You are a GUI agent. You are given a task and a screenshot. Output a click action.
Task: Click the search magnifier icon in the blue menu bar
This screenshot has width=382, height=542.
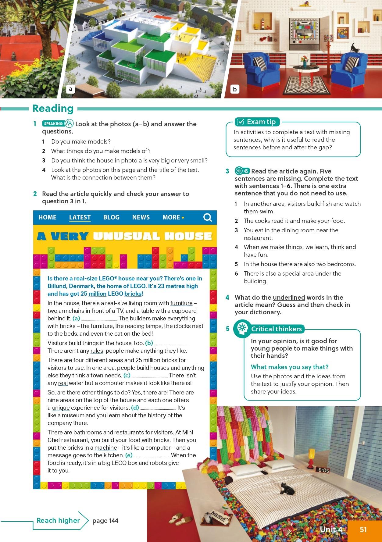[x=208, y=217]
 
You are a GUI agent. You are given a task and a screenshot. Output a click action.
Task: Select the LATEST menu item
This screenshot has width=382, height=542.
[x=80, y=217]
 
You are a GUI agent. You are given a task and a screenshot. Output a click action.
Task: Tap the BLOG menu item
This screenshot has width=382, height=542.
[x=111, y=217]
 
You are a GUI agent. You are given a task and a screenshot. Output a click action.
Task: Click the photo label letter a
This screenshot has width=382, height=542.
[x=70, y=89]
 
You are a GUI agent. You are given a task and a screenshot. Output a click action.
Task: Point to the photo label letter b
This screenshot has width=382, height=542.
[x=235, y=89]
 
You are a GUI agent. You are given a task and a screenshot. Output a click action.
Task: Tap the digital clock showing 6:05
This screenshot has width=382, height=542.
[x=322, y=470]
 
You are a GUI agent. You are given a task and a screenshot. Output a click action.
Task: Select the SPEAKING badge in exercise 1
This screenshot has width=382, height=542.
[x=54, y=123]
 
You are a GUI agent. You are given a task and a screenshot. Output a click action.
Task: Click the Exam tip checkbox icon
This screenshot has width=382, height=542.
[x=240, y=122]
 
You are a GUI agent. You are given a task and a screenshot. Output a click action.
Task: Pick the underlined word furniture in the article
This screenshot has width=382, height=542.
[x=181, y=303]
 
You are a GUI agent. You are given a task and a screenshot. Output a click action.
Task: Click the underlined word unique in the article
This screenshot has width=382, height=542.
[x=61, y=408]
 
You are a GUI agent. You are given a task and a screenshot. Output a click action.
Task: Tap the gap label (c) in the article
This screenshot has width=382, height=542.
[x=127, y=376]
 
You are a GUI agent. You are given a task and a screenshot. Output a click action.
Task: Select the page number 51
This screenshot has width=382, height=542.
[x=363, y=530]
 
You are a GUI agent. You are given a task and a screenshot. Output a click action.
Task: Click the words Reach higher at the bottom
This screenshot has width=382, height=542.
[x=58, y=520]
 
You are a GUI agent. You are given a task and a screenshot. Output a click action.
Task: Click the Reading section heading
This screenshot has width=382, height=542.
[x=53, y=109]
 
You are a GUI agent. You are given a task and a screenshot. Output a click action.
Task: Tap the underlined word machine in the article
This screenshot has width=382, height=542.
[x=105, y=448]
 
